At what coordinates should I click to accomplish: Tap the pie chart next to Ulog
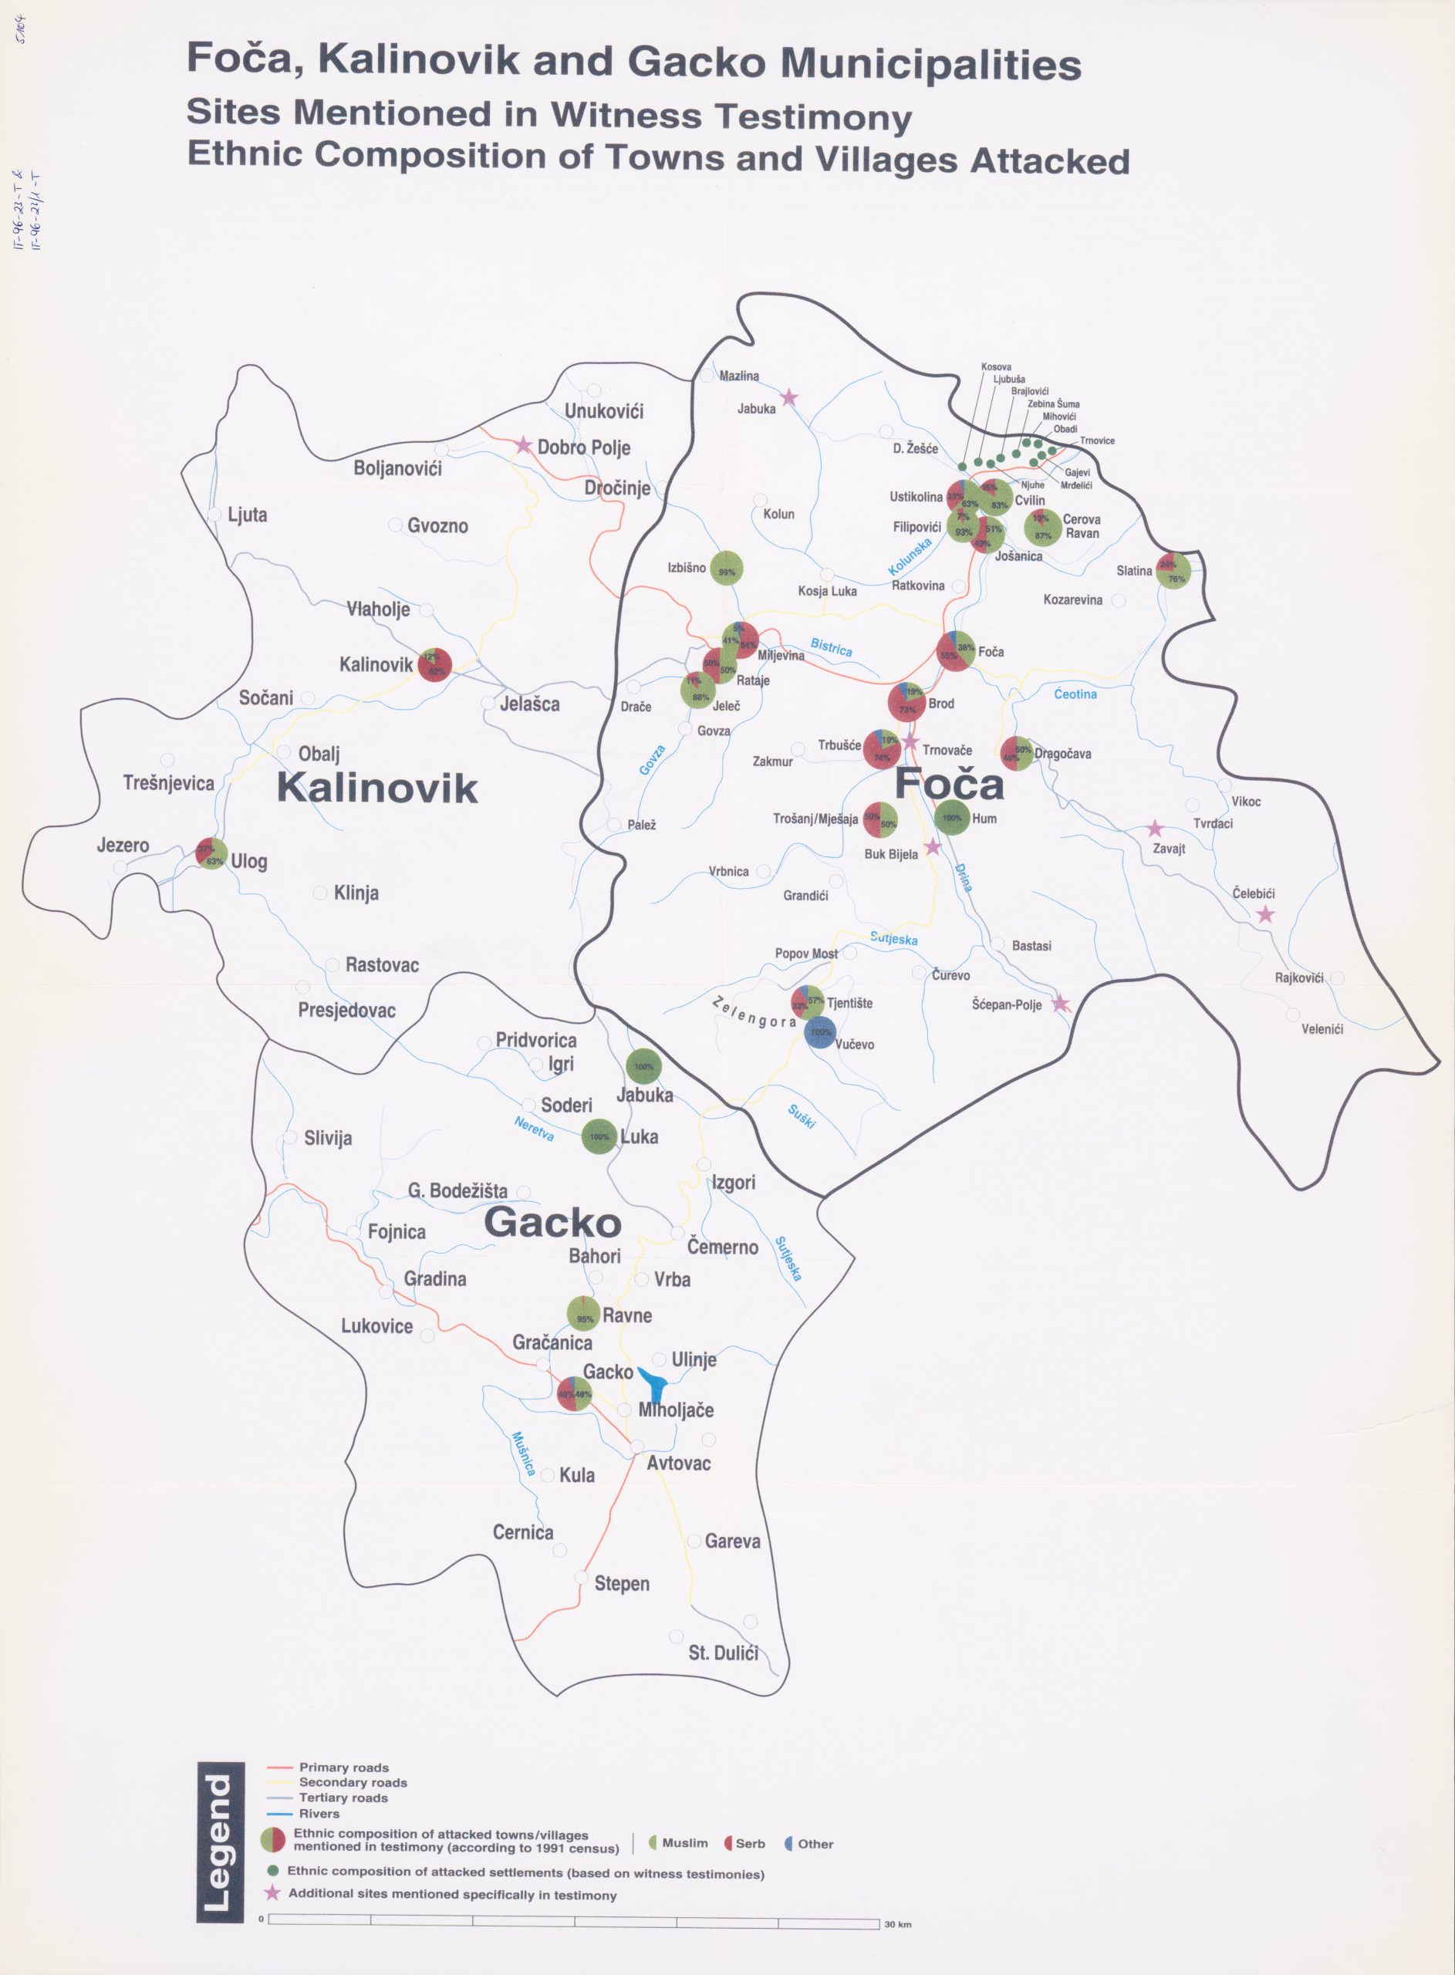pos(211,853)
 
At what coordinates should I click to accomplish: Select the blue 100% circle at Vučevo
pos(820,1032)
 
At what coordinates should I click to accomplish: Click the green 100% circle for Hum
pos(952,818)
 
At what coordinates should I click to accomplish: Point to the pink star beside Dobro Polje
pos(524,446)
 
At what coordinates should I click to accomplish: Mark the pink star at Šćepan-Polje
pos(1061,1003)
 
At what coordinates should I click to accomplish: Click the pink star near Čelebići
pos(1264,915)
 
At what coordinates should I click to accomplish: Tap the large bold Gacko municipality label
pos(552,1223)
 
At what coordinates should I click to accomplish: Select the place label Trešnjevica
pos(169,783)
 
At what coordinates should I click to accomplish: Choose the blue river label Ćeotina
pos(1075,695)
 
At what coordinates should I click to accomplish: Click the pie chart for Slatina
pos(1175,571)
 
